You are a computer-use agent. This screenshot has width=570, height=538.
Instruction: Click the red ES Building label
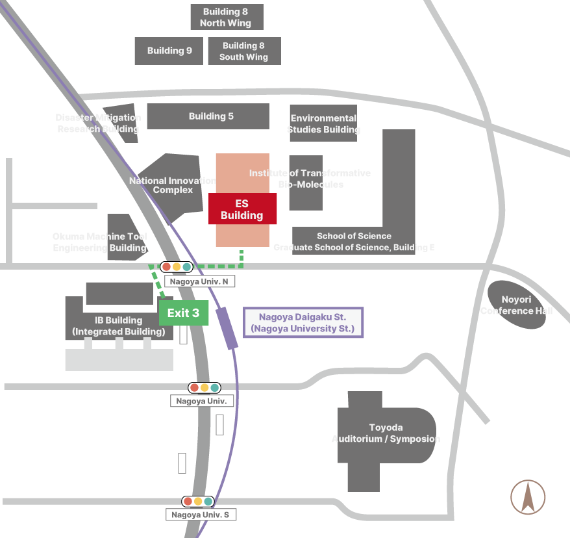[x=242, y=209]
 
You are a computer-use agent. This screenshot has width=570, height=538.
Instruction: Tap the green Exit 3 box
[x=184, y=313]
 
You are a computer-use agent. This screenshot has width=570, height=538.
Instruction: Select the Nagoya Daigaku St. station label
[x=303, y=323]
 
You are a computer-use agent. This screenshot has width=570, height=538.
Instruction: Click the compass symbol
[x=528, y=497]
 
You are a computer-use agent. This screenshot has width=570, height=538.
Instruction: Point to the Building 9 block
[x=169, y=51]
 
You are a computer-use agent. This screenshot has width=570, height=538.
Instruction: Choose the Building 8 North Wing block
[x=226, y=17]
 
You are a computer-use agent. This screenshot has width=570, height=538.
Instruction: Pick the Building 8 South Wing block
[x=243, y=51]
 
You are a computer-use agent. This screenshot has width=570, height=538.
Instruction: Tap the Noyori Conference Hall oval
[x=517, y=305]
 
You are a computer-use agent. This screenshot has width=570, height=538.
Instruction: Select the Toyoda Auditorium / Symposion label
[x=386, y=433]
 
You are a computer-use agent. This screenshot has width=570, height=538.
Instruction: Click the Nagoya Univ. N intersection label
[x=199, y=281]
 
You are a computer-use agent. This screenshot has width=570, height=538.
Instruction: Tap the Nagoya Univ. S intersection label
[x=201, y=515]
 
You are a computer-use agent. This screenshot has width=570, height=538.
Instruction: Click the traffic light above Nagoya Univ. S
[x=198, y=501]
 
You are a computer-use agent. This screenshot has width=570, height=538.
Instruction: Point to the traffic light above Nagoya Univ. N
[x=177, y=266]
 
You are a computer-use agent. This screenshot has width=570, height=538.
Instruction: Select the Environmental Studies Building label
[x=323, y=123]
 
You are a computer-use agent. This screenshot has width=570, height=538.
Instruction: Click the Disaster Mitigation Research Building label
[x=98, y=123]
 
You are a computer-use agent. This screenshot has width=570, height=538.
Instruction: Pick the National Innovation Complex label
[x=173, y=185]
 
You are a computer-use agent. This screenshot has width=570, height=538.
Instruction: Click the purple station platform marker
[x=227, y=329]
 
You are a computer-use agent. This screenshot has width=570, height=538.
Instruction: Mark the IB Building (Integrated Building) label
[x=119, y=326]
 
